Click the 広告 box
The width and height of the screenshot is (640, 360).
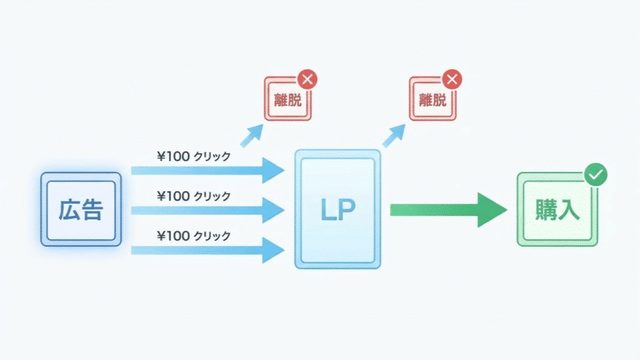81,209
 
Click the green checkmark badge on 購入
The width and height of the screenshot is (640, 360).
595,176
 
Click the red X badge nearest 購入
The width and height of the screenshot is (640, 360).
452,80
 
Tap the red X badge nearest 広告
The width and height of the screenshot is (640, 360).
307,80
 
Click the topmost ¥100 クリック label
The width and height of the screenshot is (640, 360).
193,157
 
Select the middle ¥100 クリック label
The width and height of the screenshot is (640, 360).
193,196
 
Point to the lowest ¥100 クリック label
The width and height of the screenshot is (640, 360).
193,235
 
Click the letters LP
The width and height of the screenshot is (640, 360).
337,210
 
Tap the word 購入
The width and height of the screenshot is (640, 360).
557,210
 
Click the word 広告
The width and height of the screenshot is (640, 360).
81,210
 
